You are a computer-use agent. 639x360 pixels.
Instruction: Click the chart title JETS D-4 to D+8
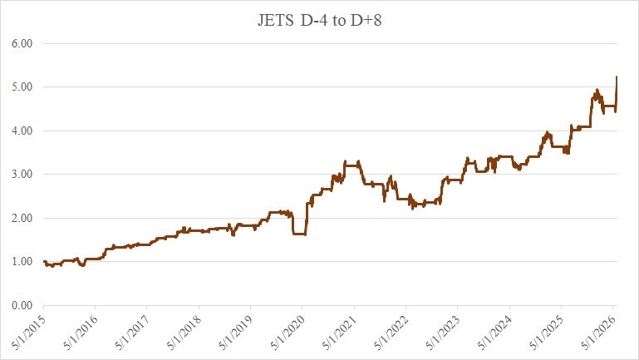click(x=319, y=20)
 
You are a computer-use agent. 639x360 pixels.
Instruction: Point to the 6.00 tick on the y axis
click(x=22, y=43)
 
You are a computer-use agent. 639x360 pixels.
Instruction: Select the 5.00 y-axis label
click(x=22, y=87)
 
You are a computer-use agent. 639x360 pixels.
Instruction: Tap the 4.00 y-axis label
click(x=22, y=131)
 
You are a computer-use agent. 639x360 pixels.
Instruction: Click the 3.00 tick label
click(x=22, y=175)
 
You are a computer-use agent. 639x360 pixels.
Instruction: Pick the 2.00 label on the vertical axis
click(x=22, y=218)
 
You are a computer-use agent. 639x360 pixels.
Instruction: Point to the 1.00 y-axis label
click(x=22, y=262)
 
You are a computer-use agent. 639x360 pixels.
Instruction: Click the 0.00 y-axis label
click(x=22, y=305)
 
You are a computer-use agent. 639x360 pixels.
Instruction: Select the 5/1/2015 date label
click(x=29, y=333)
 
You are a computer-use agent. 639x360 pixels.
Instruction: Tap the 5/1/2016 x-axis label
click(x=81, y=333)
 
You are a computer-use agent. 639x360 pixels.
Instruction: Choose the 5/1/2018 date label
click(x=184, y=333)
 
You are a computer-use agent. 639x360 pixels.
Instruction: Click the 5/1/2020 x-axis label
click(x=288, y=333)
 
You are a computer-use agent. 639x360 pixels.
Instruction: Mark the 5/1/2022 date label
click(x=391, y=333)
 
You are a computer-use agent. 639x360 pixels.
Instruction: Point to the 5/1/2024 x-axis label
click(x=495, y=333)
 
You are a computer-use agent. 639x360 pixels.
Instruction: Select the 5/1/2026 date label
click(x=598, y=333)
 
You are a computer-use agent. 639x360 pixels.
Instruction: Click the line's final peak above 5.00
click(x=617, y=76)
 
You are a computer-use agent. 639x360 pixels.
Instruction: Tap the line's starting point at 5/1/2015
click(x=44, y=261)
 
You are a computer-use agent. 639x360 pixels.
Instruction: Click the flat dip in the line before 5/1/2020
click(x=299, y=234)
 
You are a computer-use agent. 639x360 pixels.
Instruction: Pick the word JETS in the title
click(x=276, y=21)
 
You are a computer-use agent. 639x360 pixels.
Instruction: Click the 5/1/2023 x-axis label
click(x=444, y=333)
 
